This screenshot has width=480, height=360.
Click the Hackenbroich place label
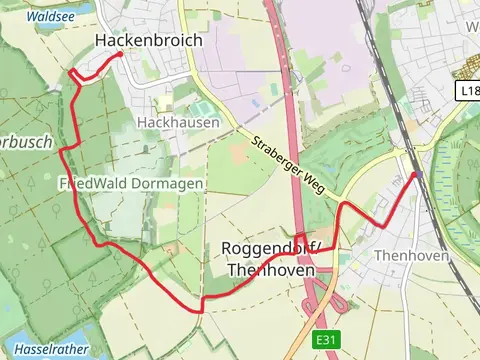148,41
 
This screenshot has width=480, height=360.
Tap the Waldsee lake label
48,17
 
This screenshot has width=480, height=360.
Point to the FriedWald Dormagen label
131,184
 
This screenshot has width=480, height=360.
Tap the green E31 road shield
324,341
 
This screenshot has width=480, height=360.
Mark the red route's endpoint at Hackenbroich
120,54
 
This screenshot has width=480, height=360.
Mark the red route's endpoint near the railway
415,175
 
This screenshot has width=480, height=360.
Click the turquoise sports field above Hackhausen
203,106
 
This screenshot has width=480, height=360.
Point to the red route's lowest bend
201,310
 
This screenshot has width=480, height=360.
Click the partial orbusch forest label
25,142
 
